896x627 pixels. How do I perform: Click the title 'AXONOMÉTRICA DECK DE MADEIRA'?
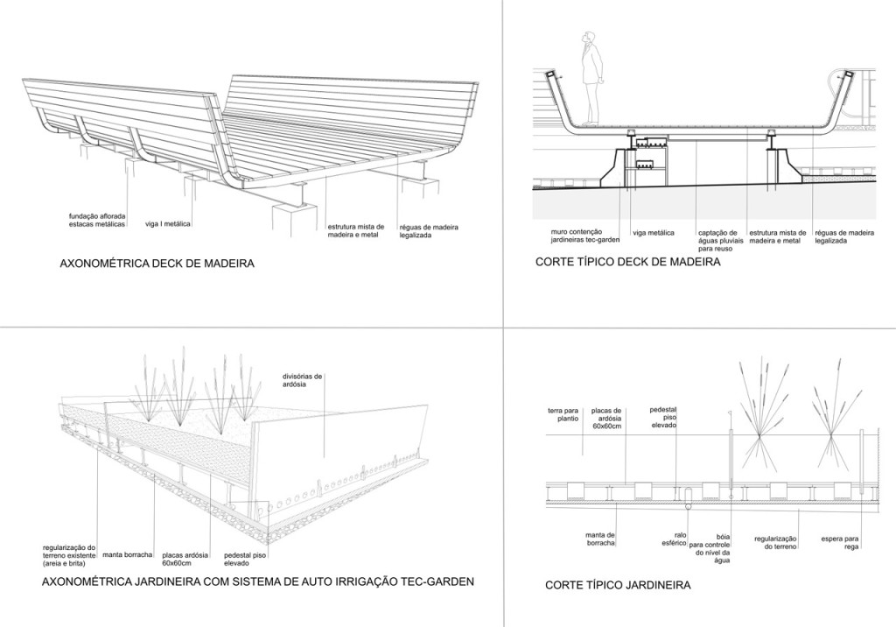(157, 262)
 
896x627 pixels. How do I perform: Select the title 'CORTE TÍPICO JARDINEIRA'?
(618, 584)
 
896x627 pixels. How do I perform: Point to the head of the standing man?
(589, 37)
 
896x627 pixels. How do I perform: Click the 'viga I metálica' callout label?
(167, 224)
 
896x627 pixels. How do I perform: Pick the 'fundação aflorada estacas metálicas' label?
(97, 220)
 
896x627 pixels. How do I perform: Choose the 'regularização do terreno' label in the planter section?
(773, 542)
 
